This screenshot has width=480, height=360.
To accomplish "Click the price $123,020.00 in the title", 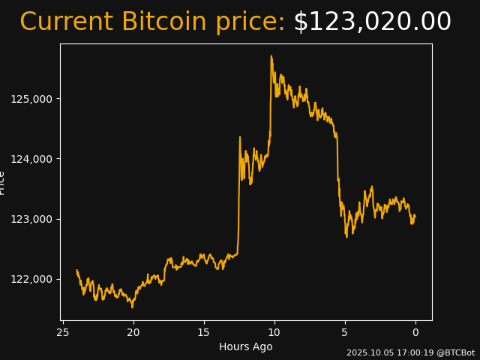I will pyautogui.click(x=372, y=22).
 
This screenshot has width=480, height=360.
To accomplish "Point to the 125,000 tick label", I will pyautogui.click(x=31, y=99).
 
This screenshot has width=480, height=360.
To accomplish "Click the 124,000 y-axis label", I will pyautogui.click(x=31, y=159).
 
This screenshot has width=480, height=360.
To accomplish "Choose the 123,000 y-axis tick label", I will pyautogui.click(x=31, y=219).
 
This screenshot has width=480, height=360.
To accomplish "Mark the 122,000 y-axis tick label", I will pyautogui.click(x=31, y=279).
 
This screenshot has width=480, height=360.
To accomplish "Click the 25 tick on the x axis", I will pyautogui.click(x=63, y=332).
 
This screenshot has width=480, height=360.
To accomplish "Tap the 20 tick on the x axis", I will pyautogui.click(x=133, y=332).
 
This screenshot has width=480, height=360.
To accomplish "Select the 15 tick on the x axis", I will pyautogui.click(x=203, y=332).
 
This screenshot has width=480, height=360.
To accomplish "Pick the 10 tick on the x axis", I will pyautogui.click(x=274, y=332).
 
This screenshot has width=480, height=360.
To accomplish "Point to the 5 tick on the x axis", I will pyautogui.click(x=345, y=332).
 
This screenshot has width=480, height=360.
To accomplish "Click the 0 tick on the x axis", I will pyautogui.click(x=415, y=332).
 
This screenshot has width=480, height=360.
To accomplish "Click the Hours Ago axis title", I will pyautogui.click(x=246, y=346).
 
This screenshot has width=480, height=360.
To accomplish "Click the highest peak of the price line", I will pyautogui.click(x=271, y=55).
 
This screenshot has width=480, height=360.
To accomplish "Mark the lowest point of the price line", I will pyautogui.click(x=132, y=307).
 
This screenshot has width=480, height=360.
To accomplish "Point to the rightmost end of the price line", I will pyautogui.click(x=415, y=217).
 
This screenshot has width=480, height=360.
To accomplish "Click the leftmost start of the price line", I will pyautogui.click(x=77, y=271).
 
